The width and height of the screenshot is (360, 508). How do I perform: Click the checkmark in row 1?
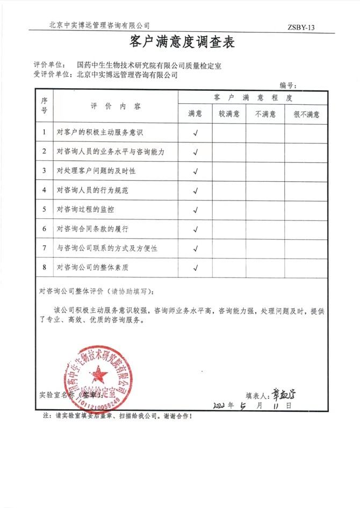pyautogui.click(x=195, y=132)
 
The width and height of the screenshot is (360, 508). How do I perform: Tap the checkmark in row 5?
pyautogui.click(x=195, y=210)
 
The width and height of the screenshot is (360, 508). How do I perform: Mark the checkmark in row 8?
pyautogui.click(x=195, y=267)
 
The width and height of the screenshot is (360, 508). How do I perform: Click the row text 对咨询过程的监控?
pyautogui.click(x=85, y=209)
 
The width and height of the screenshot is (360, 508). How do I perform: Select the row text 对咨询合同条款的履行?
pyautogui.click(x=92, y=228)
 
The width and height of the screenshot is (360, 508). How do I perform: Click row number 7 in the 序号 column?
pyautogui.click(x=44, y=248)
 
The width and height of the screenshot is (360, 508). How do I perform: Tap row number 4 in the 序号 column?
pyautogui.click(x=44, y=190)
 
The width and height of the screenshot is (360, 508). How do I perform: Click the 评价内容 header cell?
pyautogui.click(x=116, y=106)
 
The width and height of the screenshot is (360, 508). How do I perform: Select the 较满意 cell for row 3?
pyautogui.click(x=229, y=171)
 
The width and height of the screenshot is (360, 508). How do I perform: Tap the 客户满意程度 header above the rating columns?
pyautogui.click(x=252, y=98)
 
